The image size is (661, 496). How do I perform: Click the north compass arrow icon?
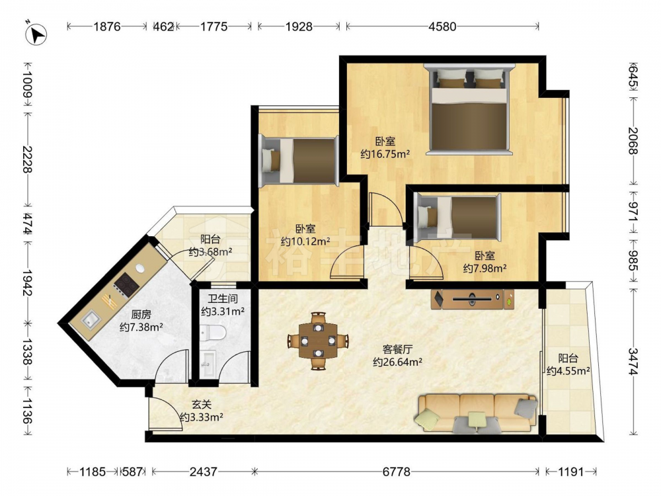36,34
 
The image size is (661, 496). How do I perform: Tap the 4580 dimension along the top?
442,26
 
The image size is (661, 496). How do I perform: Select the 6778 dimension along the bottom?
396,471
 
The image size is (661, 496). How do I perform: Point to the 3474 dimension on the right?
633,362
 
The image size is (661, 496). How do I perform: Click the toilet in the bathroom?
214,333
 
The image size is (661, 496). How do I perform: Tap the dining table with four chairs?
319,341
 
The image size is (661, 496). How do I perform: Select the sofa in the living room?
477,413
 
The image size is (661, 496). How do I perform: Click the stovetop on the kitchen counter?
126,284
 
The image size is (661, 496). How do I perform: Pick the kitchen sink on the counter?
91,320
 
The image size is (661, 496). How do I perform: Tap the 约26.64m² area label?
397,362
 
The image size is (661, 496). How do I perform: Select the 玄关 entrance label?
202,405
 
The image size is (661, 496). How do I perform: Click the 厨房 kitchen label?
141,315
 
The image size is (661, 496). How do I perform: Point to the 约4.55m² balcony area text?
568,371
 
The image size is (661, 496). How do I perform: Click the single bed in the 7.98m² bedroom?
457,218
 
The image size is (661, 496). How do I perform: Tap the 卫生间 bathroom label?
223,299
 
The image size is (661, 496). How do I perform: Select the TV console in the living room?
473,299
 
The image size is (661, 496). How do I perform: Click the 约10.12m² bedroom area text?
305,241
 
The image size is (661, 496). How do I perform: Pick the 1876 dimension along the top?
107,26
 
